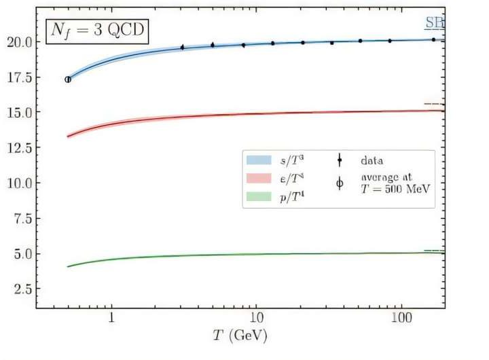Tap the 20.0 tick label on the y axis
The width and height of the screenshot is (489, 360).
[18, 41]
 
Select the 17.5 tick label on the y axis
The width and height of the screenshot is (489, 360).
[18, 77]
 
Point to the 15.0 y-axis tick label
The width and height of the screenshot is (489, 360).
[18, 112]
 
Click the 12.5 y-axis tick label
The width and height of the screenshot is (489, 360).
[18, 147]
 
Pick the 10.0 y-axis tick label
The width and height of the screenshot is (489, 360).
[18, 183]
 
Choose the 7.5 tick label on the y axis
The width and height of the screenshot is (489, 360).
[21, 218]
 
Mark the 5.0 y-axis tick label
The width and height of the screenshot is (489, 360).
[21, 253]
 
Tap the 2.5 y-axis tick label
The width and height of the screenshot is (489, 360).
[21, 289]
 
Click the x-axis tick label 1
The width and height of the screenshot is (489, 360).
[111, 319]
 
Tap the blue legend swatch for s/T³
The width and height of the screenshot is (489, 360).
[259, 160]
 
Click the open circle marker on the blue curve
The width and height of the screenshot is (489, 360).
[67, 79]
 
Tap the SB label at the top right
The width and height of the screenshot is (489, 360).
[434, 23]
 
